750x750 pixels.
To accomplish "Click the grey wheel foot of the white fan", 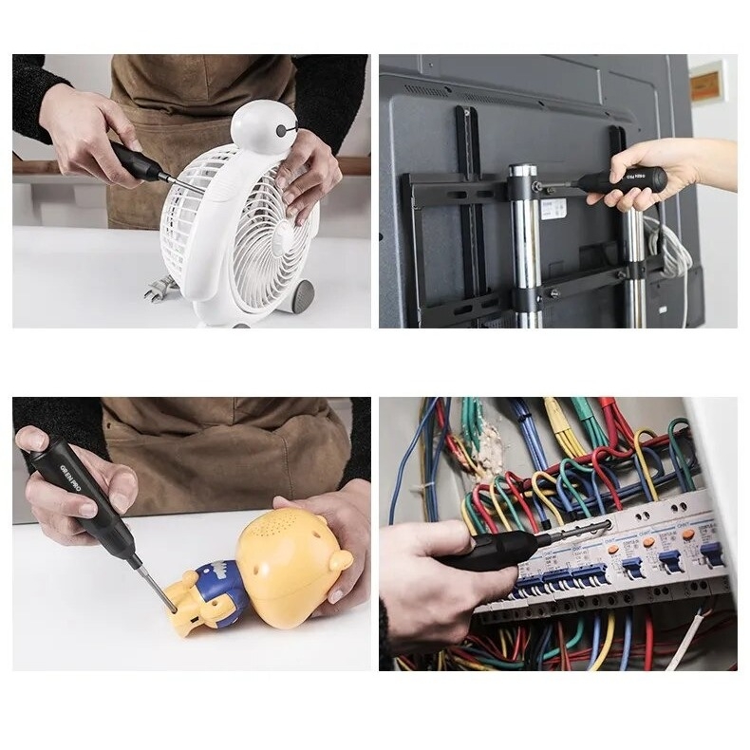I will coord(302,297).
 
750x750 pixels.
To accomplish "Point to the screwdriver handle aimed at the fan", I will coord(138,162).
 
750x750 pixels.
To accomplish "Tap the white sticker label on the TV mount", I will coord(553,209).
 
